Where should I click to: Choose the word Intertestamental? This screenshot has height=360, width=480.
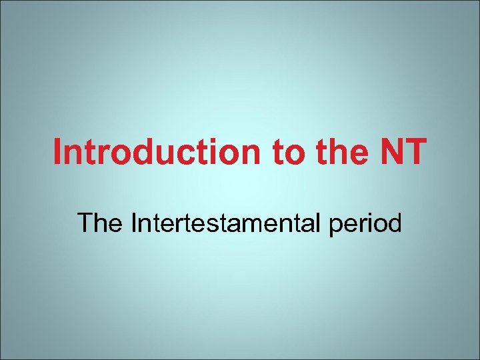[227, 223]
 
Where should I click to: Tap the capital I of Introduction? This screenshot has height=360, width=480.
[58, 152]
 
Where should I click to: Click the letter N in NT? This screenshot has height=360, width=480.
[390, 152]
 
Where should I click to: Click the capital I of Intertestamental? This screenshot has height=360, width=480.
[135, 223]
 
